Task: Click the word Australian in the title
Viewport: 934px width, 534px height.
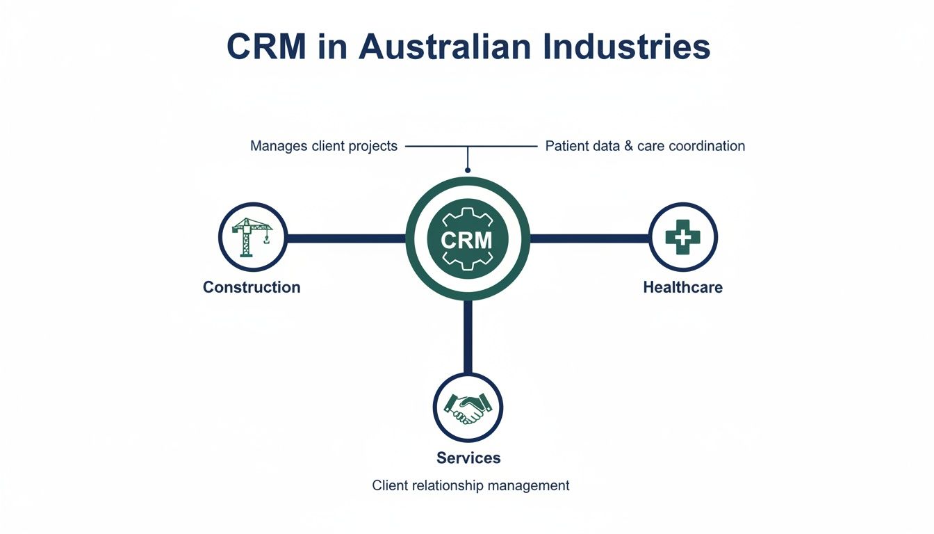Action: [x=416, y=47]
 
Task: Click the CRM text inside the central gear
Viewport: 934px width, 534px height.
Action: [x=467, y=240]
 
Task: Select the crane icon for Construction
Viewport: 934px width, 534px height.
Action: [x=252, y=237]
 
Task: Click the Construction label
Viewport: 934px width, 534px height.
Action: [x=252, y=287]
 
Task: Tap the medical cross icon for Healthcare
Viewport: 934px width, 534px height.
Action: [x=682, y=237]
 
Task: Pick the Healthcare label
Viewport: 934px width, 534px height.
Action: [x=682, y=287]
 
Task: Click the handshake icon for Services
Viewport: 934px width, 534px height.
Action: [x=467, y=407]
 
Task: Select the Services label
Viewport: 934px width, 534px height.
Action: [x=468, y=458]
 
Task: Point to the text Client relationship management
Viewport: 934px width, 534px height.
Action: [x=470, y=485]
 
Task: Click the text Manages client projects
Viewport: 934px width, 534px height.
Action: [x=324, y=146]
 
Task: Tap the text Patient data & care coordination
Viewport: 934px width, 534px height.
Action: [x=645, y=146]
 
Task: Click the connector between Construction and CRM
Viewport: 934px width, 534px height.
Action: [x=345, y=238]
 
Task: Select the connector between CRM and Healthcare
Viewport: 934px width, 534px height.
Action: [x=589, y=238]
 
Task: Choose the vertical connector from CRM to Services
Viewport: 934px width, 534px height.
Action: [x=468, y=337]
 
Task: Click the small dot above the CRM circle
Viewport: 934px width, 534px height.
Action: [x=468, y=170]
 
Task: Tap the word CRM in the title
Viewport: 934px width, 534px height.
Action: [x=265, y=47]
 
